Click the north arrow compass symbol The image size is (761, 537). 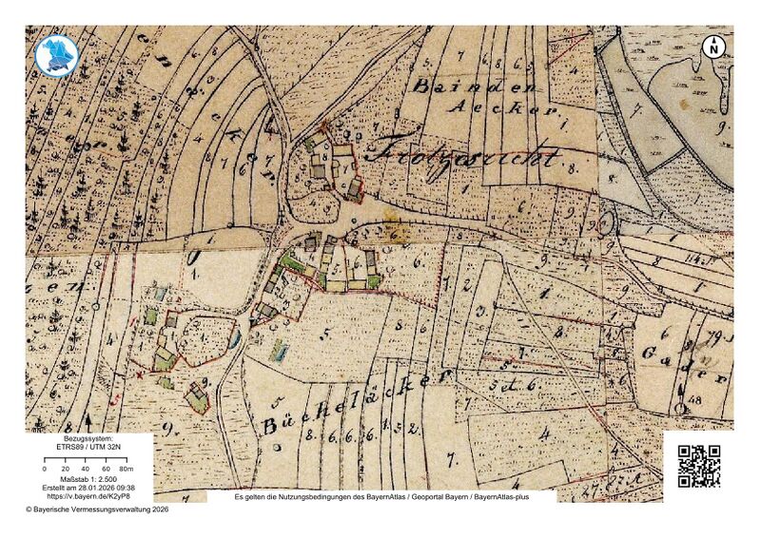713,46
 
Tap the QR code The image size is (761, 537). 698,466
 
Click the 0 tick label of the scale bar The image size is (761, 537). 45,470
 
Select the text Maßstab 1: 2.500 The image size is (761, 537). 89,479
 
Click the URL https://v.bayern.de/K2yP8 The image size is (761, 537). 89,496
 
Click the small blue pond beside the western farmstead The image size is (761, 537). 235,337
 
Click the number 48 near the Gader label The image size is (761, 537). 709,401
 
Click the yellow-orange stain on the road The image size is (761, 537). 400,232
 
